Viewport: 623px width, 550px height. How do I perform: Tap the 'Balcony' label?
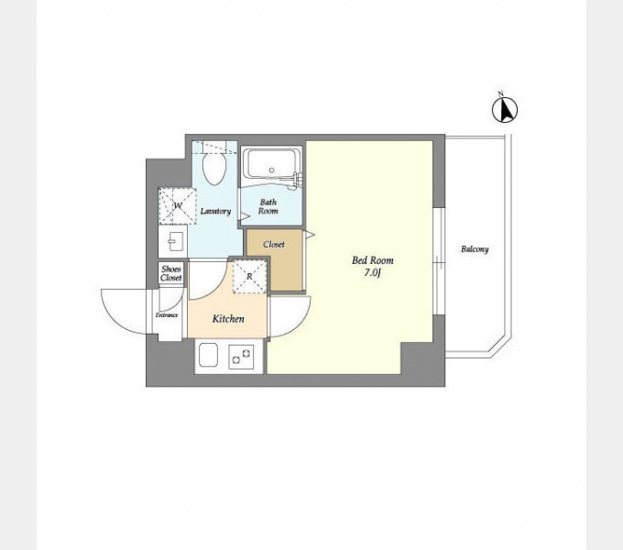(x=475, y=249)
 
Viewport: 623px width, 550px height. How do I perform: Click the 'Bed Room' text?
(x=372, y=260)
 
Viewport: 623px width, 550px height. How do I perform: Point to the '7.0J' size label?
(x=372, y=273)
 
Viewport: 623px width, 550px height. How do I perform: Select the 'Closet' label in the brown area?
(x=274, y=244)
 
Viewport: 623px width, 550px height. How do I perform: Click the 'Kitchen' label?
(x=228, y=319)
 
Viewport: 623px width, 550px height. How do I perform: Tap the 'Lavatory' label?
(x=215, y=211)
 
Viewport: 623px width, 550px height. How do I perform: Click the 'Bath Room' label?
(x=268, y=206)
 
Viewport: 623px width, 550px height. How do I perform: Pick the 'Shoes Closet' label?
(x=171, y=273)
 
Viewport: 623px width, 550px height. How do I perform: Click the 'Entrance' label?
(x=167, y=315)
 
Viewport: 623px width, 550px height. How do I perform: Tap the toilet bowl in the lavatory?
(x=213, y=169)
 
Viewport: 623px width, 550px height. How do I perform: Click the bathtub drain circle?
(x=272, y=170)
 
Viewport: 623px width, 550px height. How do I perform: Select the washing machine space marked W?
(x=178, y=206)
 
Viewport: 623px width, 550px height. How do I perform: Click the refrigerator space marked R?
(x=249, y=276)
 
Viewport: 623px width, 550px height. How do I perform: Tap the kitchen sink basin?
(x=208, y=356)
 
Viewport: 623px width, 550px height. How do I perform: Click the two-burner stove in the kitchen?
(x=241, y=356)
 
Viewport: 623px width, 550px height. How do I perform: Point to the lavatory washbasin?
(x=173, y=241)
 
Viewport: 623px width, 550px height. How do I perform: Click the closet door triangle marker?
(x=310, y=235)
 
